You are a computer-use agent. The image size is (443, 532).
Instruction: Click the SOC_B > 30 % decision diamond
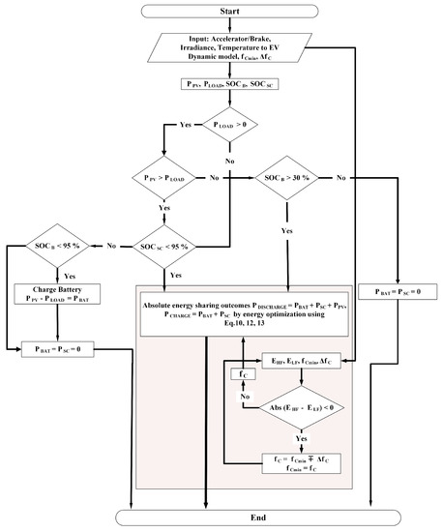click(x=289, y=178)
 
